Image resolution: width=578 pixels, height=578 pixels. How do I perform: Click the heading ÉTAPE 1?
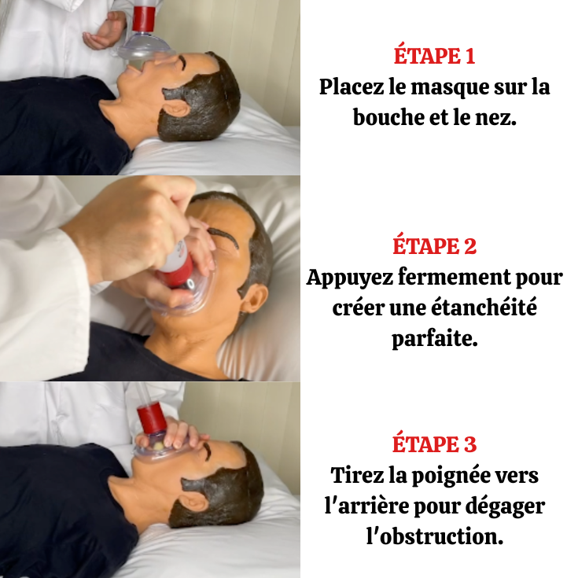coord(434,57)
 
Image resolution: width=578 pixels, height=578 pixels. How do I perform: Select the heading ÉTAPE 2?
coord(434,246)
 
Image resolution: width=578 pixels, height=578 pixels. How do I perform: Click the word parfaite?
coord(435,340)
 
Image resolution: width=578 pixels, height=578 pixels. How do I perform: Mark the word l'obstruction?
coord(434,538)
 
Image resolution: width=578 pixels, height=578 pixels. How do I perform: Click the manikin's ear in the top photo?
coord(175,106)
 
